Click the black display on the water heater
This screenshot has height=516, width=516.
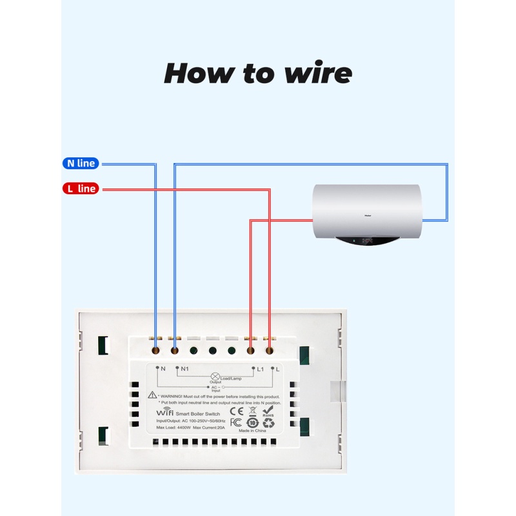pos(368,243)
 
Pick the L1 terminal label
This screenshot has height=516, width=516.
pos(261,369)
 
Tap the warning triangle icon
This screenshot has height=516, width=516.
pos(152,394)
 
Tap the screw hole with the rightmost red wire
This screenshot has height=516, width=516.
pos(269,351)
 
